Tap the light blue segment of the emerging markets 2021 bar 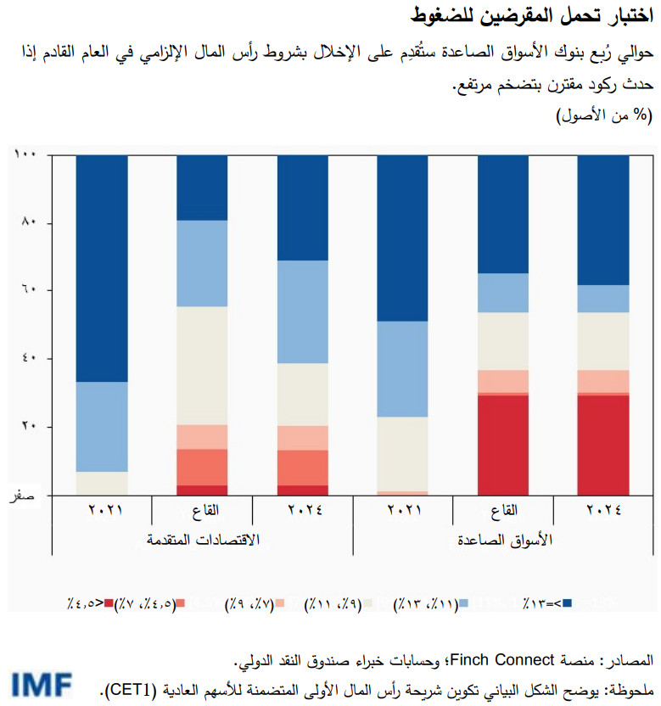(403, 368)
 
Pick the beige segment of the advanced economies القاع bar (202, 365)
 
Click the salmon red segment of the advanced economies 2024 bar (303, 467)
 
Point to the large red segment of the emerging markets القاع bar (503, 445)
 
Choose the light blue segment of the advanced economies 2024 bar (303, 311)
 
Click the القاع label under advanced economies (202, 511)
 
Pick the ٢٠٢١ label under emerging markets (403, 511)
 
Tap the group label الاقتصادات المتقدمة (202, 541)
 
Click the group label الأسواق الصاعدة (503, 541)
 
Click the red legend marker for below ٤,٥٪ (108, 603)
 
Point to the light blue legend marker (463, 603)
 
